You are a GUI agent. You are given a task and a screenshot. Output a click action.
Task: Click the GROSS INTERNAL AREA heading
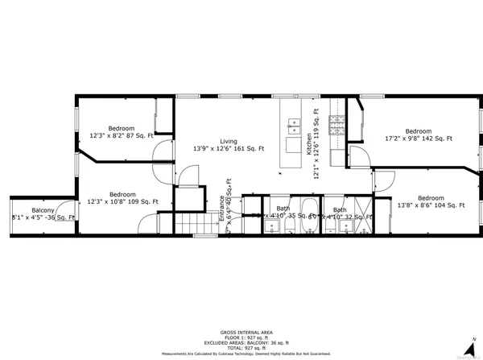pyautogui.click(x=241, y=332)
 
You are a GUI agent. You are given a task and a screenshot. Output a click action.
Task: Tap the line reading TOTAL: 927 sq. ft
pyautogui.click(x=241, y=346)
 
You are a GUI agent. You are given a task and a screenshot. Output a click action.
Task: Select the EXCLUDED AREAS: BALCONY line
pyautogui.click(x=241, y=341)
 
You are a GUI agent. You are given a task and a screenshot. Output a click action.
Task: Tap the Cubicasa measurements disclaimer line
pyautogui.click(x=241, y=352)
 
